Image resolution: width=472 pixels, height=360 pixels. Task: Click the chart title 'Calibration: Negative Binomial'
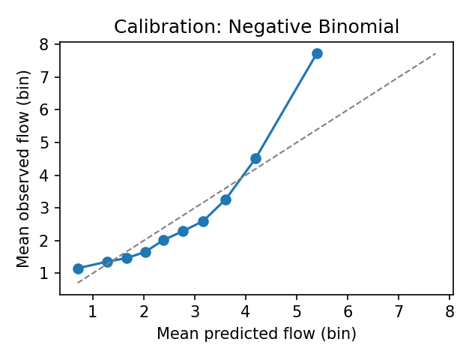pos(256,27)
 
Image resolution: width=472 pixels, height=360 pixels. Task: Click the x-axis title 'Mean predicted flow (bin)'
pos(256,333)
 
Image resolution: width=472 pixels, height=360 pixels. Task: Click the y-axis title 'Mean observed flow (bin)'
pos(24,169)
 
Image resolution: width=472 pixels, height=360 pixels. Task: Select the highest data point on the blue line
pos(317,53)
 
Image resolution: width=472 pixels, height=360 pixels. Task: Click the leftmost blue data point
pos(78,268)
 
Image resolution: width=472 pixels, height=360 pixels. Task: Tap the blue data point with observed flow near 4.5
pos(255,158)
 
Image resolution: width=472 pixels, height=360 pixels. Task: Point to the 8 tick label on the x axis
pos(450,310)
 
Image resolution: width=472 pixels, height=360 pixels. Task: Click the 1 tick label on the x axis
pos(92,310)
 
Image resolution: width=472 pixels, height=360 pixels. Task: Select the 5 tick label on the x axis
pos(297,310)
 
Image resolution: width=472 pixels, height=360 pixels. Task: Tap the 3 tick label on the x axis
pos(195,310)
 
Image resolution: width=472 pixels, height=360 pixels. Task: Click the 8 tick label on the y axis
pos(45,44)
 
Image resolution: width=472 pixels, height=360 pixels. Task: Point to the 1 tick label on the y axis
pos(45,273)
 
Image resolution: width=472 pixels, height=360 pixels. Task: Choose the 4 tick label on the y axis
pos(45,175)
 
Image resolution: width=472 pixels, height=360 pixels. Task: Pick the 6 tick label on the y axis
pos(45,109)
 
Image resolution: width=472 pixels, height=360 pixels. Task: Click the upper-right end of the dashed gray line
pos(435,53)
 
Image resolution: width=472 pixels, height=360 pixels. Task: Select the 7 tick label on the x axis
pos(399,310)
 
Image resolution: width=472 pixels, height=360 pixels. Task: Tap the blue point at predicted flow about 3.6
pos(226,199)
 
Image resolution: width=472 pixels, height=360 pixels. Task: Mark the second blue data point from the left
pos(107,262)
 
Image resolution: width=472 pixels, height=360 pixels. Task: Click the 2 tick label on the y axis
pos(45,241)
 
